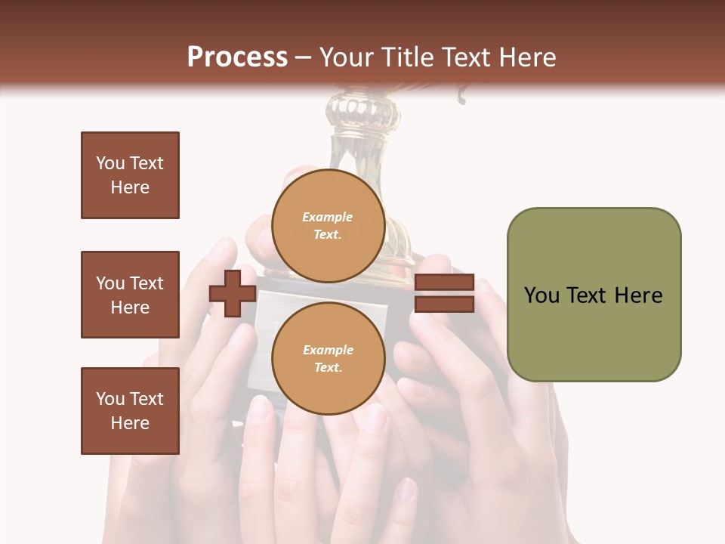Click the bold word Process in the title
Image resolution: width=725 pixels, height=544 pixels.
pos(237,57)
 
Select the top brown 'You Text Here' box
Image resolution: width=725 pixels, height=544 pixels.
pos(130,175)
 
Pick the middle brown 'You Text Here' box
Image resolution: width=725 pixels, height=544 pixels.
pos(130,295)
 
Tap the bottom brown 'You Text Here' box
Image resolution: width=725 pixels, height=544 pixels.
pos(130,411)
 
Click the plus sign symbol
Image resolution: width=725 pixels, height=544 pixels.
pos(233,293)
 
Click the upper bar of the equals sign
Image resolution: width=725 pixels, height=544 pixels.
pos(445,283)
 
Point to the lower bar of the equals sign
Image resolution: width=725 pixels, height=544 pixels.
pos(445,304)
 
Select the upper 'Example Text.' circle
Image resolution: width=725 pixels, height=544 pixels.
pos(328,225)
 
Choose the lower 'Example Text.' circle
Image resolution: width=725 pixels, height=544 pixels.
pos(328,358)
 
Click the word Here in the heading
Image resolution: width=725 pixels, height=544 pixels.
pos(527,57)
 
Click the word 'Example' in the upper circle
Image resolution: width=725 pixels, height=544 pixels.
pos(328,217)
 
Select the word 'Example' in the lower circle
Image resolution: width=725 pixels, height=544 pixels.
pos(328,350)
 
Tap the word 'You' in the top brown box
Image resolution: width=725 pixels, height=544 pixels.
pos(110,163)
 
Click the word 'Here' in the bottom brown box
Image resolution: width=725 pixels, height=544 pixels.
pos(130,423)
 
